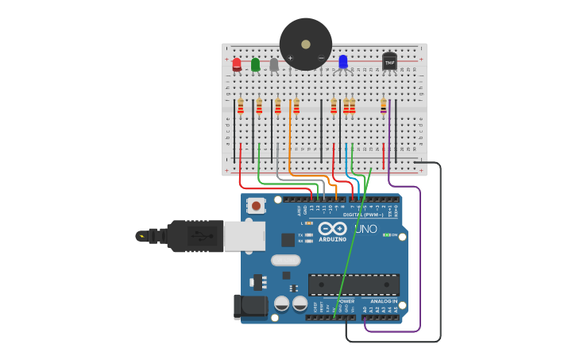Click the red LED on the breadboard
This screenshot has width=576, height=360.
click(237, 64)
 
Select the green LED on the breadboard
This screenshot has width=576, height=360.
click(255, 64)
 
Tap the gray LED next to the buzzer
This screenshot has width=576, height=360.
click(274, 64)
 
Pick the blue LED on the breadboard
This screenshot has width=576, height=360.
click(343, 61)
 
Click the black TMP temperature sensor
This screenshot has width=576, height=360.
click(389, 61)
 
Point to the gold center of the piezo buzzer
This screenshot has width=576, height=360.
click(306, 45)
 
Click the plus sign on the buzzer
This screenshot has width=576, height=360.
click(290, 58)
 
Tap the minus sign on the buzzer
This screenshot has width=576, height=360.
click(321, 58)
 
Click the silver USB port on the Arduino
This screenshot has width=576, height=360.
click(244, 236)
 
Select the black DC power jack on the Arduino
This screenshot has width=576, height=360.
click(251, 306)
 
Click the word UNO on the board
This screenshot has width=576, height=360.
click(365, 229)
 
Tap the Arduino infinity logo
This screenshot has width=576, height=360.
click(332, 229)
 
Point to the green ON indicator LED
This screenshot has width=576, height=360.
click(385, 235)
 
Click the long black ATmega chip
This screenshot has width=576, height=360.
click(354, 285)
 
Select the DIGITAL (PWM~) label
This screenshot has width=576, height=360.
click(362, 215)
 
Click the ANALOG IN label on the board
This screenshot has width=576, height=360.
click(384, 301)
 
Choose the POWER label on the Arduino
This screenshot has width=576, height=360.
click(346, 301)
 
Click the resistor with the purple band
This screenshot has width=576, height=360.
click(383, 106)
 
